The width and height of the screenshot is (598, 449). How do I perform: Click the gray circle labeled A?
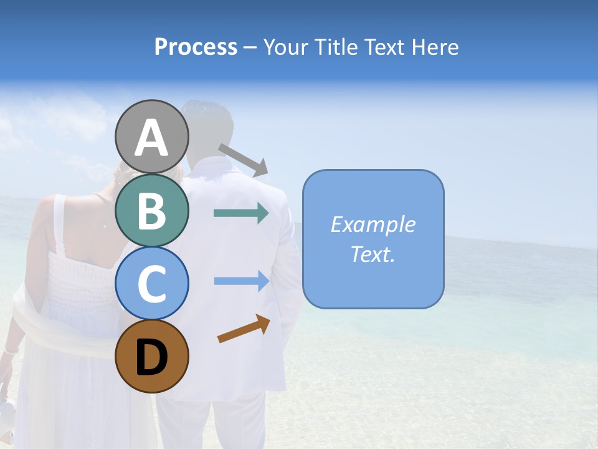[x=151, y=137]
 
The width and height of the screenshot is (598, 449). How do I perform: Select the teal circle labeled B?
[x=151, y=210]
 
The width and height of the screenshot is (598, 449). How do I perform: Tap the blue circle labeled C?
[x=151, y=283]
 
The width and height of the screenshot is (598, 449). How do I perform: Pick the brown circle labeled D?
[x=151, y=356]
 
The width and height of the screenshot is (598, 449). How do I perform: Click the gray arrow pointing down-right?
[x=243, y=160]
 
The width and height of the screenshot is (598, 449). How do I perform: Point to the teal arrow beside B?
[x=241, y=213]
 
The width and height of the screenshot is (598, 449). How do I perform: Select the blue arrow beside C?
[x=241, y=281]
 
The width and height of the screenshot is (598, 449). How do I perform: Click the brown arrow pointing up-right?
[x=244, y=329]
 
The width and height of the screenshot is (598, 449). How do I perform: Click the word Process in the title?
[x=196, y=47]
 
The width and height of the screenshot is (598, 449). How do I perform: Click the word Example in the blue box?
[x=373, y=224]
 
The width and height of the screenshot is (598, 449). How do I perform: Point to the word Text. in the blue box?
[x=373, y=254]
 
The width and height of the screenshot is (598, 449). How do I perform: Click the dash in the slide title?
[x=250, y=47]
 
